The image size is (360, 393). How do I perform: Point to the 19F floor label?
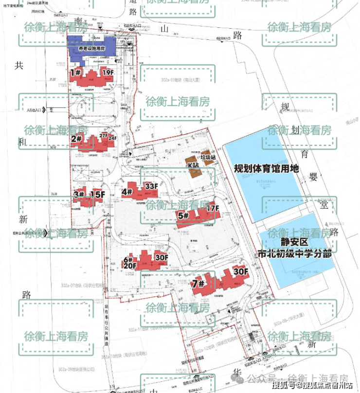coord(108,72)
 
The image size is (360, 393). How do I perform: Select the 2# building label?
coord(76,139)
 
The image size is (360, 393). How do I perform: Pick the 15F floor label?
coord(97,195)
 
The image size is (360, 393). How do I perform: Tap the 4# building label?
coord(127,192)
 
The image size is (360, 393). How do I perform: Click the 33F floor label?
coord(151,186)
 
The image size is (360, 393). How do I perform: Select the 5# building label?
coord(183,216)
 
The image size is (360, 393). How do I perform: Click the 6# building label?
coord(128,259)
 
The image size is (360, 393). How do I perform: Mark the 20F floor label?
coord(129,267)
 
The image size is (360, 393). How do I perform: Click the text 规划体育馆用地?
coord(266,169)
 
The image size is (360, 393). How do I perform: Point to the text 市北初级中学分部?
coord(294,254)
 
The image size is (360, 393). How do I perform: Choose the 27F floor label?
coord(103,135)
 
